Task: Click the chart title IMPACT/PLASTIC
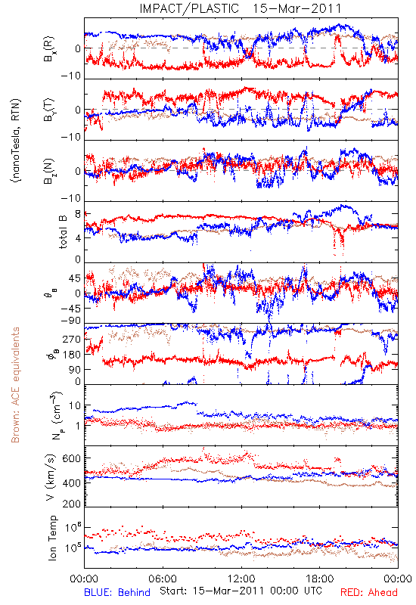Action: (189, 8)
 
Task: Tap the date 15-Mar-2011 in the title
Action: (297, 8)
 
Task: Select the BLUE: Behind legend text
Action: (117, 592)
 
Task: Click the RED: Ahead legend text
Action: (369, 592)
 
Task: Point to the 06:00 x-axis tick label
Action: (163, 579)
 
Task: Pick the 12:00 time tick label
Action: (241, 579)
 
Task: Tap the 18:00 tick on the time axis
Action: (320, 579)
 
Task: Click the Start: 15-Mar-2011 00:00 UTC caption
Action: (241, 591)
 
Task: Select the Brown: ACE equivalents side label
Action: (15, 385)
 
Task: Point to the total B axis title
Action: (63, 232)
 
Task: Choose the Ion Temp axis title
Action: (52, 538)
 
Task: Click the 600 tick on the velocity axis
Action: (72, 458)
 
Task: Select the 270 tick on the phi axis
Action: (72, 339)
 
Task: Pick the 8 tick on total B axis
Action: (78, 215)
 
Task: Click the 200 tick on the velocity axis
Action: (72, 503)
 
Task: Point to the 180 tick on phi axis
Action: (72, 355)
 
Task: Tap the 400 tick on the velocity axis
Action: (72, 482)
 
